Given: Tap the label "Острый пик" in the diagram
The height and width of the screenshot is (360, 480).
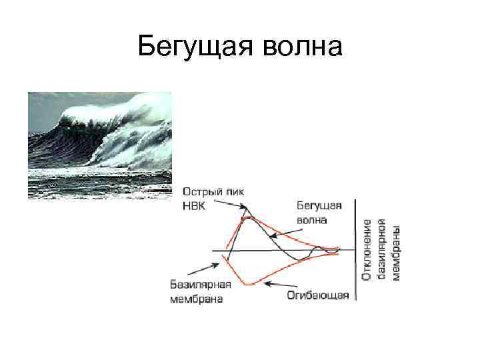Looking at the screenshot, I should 208,192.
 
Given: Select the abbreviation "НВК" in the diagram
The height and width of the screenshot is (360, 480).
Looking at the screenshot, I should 194,206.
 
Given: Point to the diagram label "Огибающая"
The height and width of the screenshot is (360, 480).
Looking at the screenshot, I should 318,295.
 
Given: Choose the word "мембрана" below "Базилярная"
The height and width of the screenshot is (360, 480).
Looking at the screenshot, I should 196,299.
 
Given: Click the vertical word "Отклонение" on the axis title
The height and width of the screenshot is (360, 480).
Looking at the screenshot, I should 368,249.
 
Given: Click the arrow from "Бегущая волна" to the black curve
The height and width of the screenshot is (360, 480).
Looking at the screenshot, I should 291,229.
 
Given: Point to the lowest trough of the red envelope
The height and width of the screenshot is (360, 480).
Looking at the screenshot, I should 248,285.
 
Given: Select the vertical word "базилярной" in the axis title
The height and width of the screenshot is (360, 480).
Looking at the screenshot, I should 382,249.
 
